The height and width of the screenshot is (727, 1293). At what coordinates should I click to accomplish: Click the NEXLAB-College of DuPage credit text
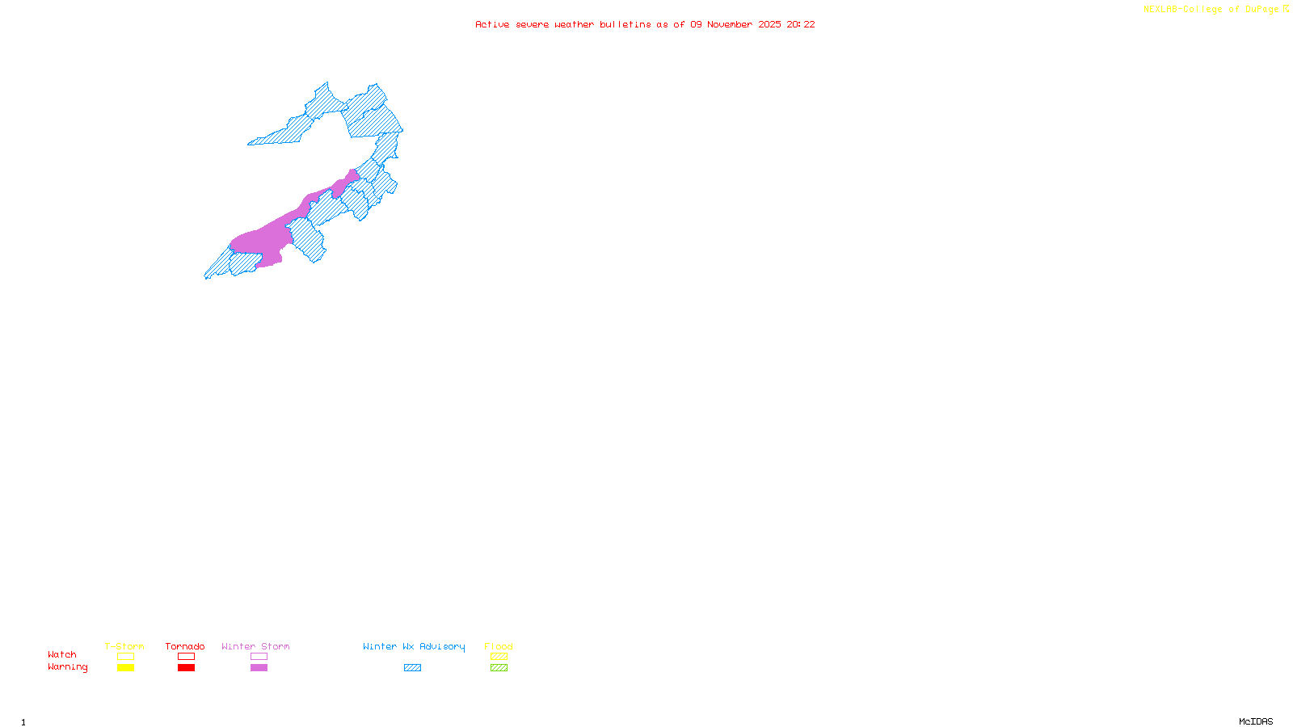point(1211,10)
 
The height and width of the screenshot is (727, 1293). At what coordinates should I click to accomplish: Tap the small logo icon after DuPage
point(1286,9)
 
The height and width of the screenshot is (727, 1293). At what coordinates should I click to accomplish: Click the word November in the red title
point(730,25)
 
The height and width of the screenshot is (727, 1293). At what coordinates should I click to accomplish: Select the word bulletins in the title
point(625,25)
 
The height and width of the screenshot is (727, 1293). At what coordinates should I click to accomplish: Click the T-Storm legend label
point(124,646)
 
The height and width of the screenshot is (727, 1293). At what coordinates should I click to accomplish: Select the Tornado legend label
point(185,646)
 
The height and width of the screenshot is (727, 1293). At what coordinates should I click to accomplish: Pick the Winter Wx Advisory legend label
point(414,646)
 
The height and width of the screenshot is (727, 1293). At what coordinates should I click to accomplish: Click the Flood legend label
point(499,646)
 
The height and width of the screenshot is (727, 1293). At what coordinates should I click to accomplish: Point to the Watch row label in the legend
point(62,655)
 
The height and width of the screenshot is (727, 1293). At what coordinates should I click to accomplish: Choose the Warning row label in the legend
point(67,667)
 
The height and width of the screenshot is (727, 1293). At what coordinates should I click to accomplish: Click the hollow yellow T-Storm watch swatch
point(125,657)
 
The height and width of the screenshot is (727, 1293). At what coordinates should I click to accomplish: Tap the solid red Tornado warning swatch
point(186,668)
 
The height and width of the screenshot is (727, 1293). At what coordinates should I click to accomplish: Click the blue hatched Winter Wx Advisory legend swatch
point(412,668)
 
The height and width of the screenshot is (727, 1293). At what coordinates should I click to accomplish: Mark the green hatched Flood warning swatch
point(499,668)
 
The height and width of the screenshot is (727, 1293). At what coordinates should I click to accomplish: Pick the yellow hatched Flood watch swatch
point(499,657)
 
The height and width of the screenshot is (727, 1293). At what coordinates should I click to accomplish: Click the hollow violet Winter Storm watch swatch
point(259,657)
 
